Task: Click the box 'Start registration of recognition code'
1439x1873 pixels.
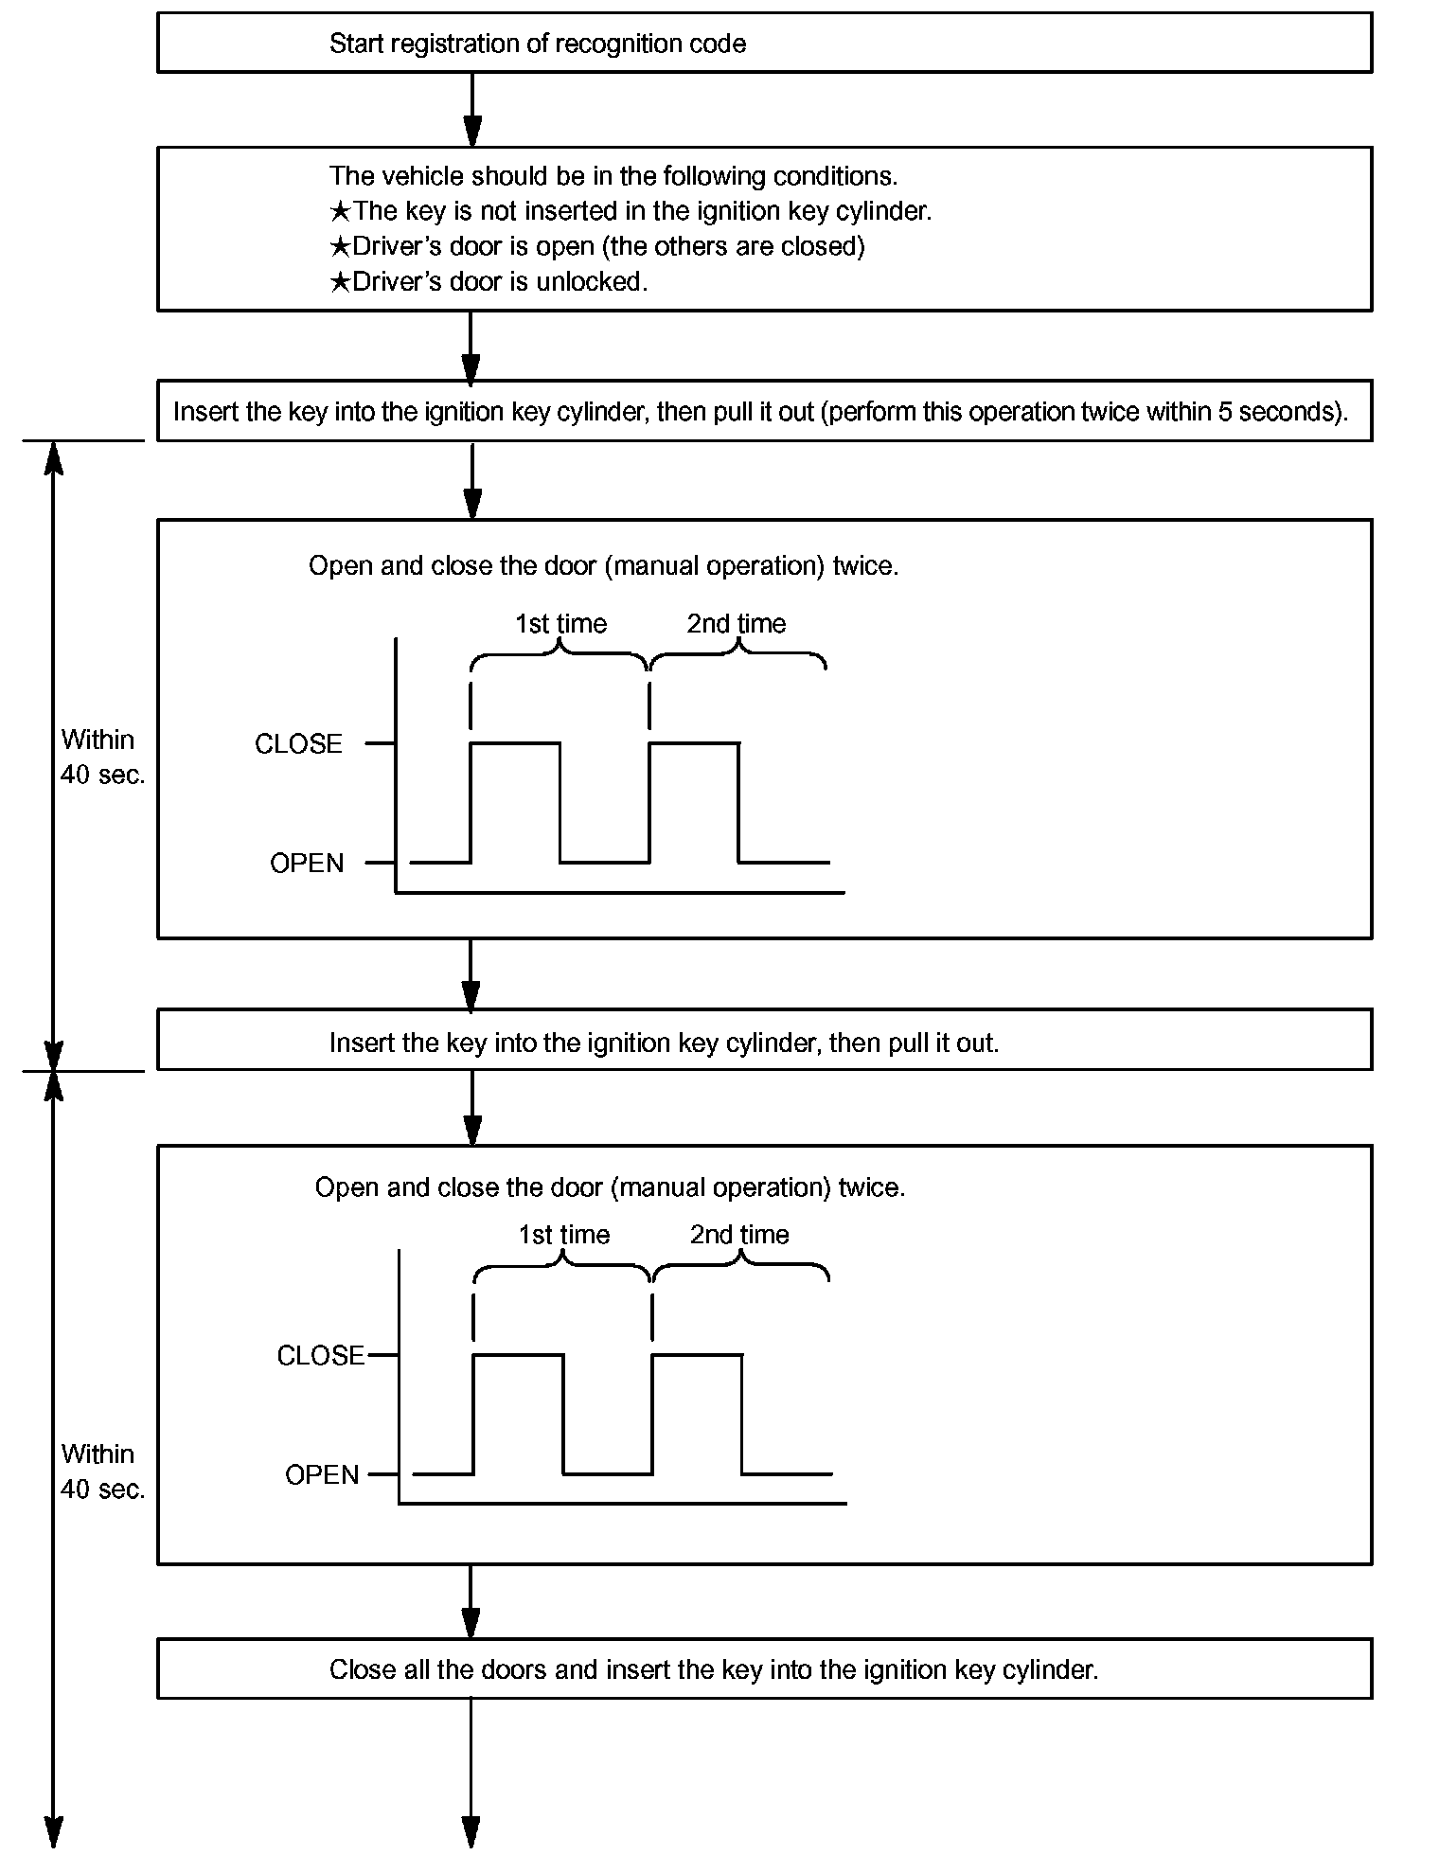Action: coord(763,44)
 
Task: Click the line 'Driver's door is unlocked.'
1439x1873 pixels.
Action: coord(489,282)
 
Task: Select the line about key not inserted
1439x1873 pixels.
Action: coord(631,211)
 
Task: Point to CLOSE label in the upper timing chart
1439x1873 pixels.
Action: coord(298,744)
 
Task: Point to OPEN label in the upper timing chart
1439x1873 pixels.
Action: coord(307,864)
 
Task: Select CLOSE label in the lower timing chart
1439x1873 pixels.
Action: coord(320,1356)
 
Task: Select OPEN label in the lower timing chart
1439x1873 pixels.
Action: coord(322,1475)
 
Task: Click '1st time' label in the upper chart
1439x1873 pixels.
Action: coord(560,624)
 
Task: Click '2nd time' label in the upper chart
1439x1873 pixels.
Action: coord(737,624)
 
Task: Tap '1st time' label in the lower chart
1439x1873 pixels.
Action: coord(564,1235)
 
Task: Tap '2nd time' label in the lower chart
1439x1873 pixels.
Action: coord(739,1235)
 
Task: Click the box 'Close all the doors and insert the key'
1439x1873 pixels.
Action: coord(763,1669)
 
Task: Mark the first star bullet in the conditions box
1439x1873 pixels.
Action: coord(340,211)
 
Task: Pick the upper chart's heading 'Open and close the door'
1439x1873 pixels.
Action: coord(603,566)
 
